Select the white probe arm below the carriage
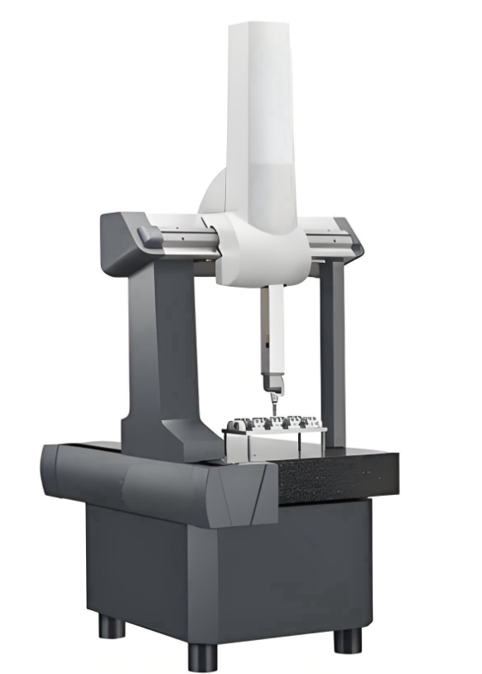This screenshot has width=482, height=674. tap(267, 332)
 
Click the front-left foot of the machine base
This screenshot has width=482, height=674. tap(202, 655)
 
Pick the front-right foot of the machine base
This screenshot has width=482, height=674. tap(347, 639)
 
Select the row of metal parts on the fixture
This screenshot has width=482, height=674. tap(273, 422)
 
